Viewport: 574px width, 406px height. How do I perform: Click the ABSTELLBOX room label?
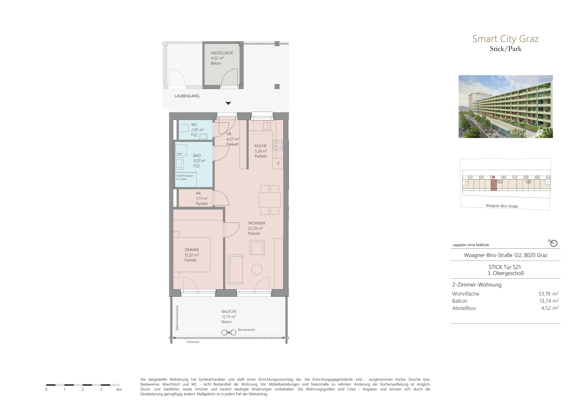[222, 53]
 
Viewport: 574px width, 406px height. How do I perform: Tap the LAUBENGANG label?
[187, 96]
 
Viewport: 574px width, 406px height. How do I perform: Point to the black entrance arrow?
[228, 103]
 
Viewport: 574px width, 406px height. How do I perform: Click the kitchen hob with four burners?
[278, 145]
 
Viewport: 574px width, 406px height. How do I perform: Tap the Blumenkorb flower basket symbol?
[229, 333]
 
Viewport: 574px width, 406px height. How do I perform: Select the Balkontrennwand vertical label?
[177, 318]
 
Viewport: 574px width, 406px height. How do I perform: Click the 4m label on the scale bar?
[119, 389]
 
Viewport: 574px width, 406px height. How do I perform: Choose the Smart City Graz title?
[505, 39]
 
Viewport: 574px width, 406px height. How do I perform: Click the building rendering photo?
[505, 106]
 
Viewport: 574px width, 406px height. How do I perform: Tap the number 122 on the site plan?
[500, 182]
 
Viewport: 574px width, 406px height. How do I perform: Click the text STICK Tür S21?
[505, 267]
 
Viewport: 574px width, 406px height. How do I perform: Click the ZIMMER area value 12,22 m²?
[192, 255]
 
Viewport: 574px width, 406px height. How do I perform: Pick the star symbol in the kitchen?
[278, 164]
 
